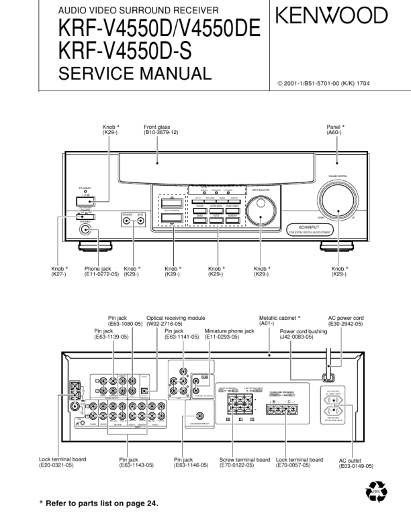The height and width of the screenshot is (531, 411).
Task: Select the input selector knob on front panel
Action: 259,213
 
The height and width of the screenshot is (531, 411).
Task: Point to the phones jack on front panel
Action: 85,231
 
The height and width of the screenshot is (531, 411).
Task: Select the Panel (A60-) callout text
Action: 335,130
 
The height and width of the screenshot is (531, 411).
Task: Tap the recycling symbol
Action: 377,495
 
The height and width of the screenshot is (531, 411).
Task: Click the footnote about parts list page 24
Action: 101,504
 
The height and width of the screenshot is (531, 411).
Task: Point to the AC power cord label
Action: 345,319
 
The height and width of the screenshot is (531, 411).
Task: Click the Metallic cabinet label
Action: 279,319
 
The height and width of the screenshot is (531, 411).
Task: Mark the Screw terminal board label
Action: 244,460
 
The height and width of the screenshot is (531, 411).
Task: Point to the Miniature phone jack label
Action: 229,331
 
